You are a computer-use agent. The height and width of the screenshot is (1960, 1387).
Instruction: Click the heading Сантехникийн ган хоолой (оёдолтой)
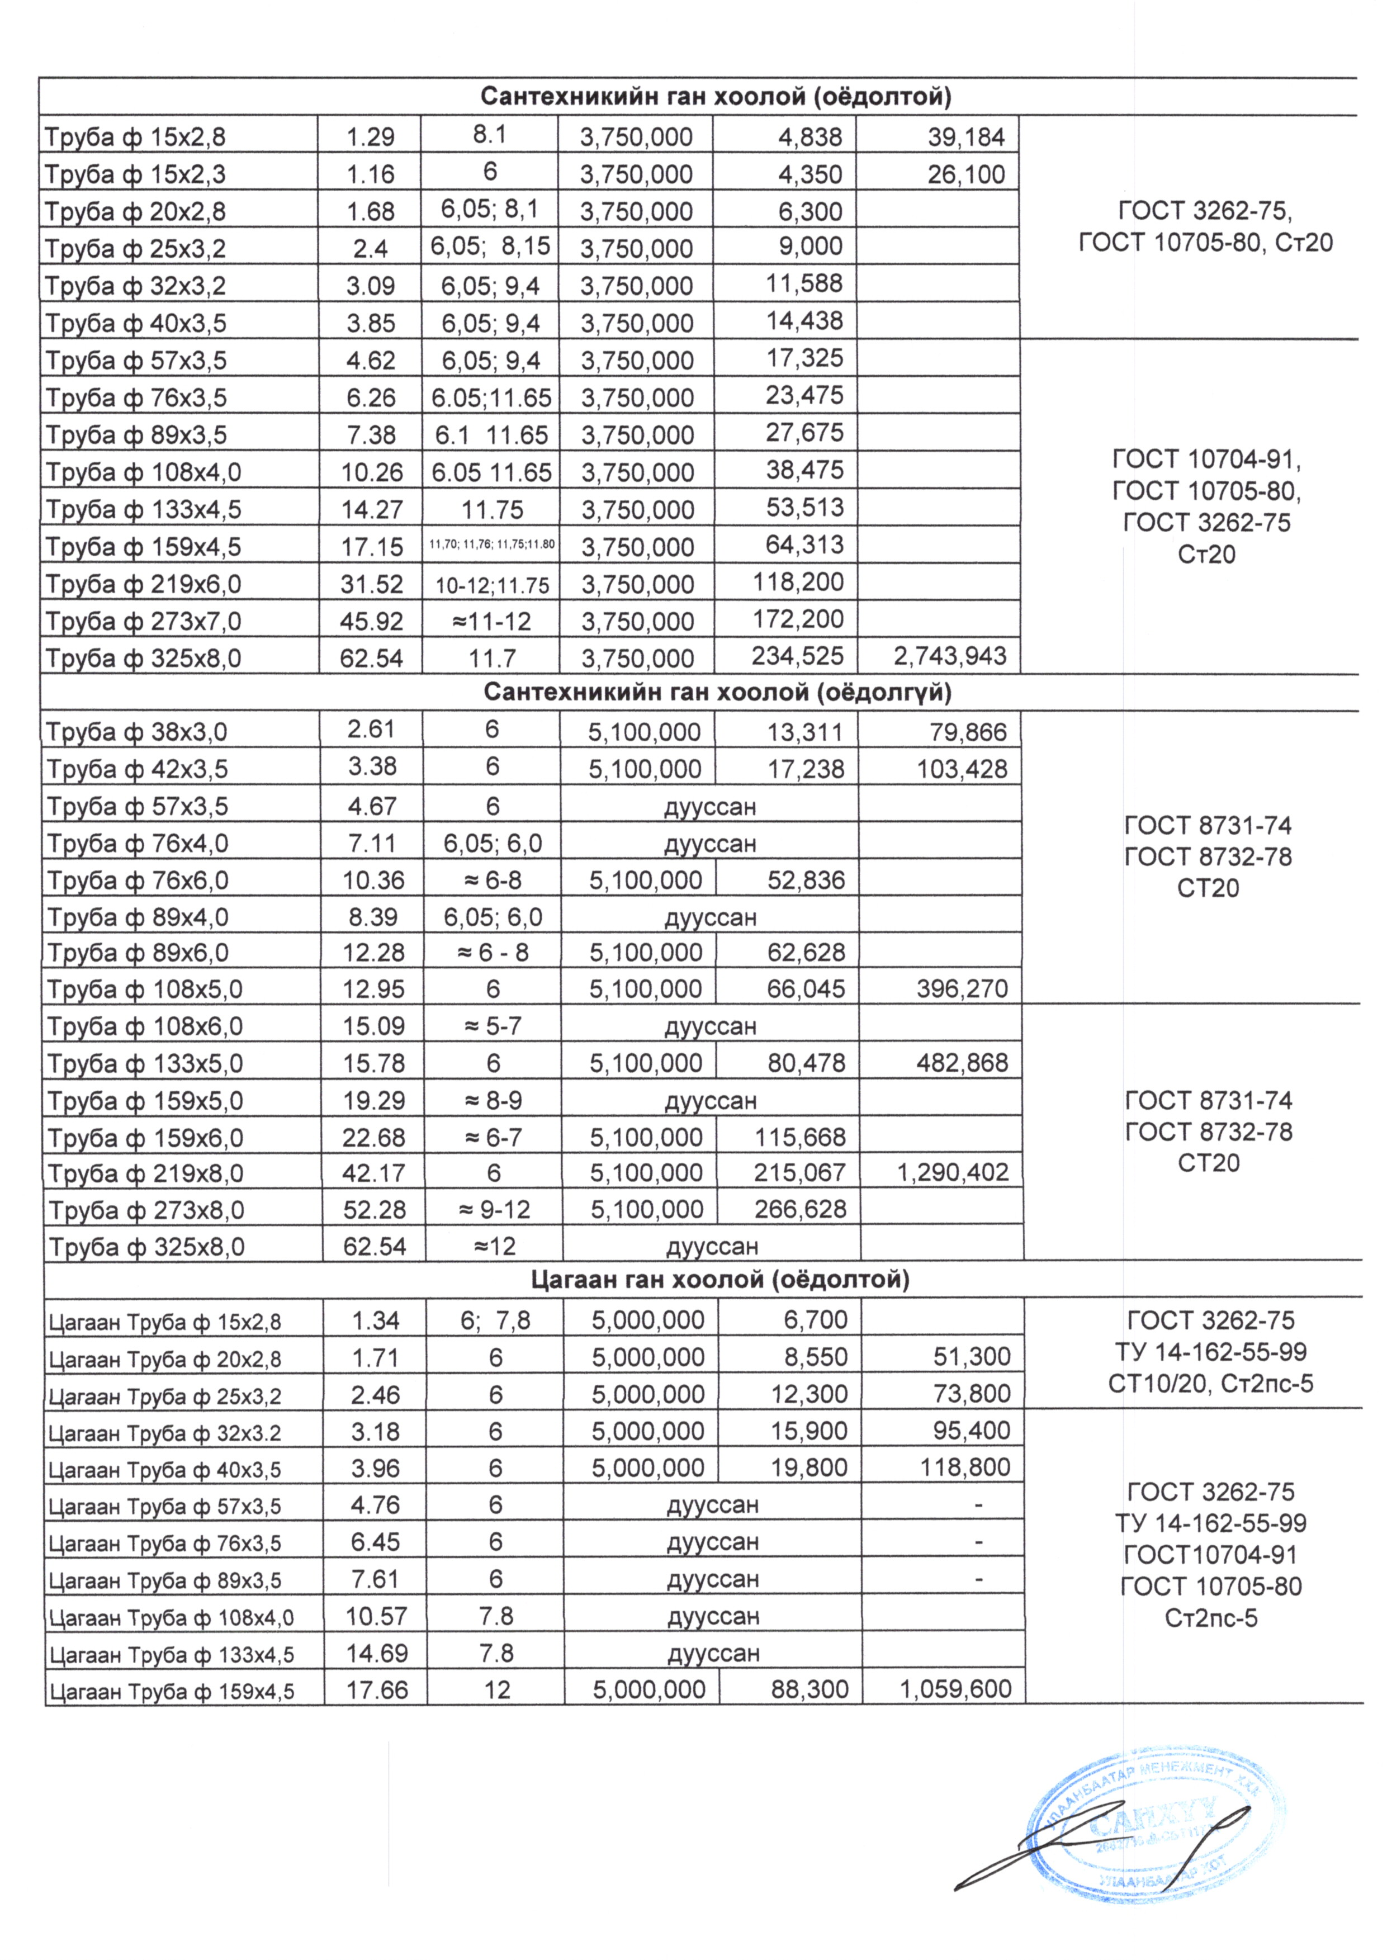(x=716, y=97)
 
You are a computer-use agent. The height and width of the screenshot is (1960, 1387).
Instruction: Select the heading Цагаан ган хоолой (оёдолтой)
(x=720, y=1279)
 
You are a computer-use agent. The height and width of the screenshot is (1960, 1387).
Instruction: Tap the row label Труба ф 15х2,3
(x=135, y=174)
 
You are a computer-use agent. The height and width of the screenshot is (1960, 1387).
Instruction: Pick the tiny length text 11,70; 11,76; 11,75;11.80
(x=491, y=544)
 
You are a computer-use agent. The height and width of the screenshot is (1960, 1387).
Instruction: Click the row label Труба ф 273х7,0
(x=144, y=621)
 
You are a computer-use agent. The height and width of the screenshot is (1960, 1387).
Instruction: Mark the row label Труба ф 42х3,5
(x=136, y=769)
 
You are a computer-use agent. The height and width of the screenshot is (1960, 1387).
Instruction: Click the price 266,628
(x=799, y=1209)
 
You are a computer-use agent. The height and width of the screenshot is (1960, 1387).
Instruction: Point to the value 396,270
(x=962, y=989)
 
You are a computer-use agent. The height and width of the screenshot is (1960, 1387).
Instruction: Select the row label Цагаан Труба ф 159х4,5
(x=171, y=1691)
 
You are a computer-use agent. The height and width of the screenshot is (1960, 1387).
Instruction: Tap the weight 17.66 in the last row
(x=377, y=1689)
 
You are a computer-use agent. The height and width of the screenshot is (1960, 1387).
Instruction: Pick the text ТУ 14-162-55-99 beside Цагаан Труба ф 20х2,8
(x=1210, y=1352)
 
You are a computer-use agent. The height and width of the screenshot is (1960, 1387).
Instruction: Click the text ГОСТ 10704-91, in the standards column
(x=1206, y=460)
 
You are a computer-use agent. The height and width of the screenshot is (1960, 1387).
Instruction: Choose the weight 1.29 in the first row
(x=370, y=136)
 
